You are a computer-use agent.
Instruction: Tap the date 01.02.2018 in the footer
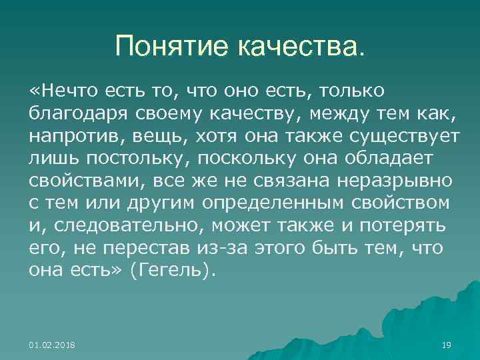point(52,345)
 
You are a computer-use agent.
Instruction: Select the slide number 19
point(447,345)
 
